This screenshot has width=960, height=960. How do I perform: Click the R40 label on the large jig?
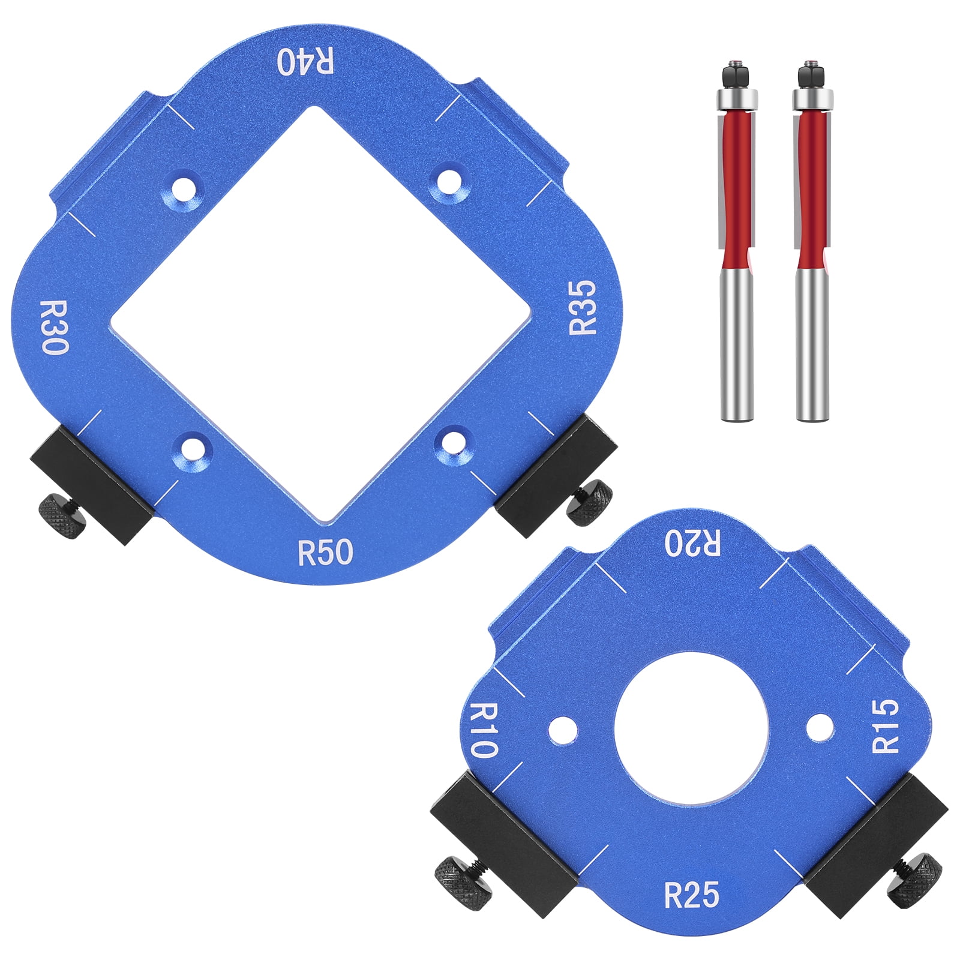click(x=306, y=61)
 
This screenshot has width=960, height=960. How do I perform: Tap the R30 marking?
click(x=54, y=327)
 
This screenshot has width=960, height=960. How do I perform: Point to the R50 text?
click(x=325, y=552)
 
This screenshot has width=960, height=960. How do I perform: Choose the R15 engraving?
click(x=886, y=725)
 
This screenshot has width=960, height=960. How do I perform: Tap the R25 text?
click(x=692, y=895)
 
